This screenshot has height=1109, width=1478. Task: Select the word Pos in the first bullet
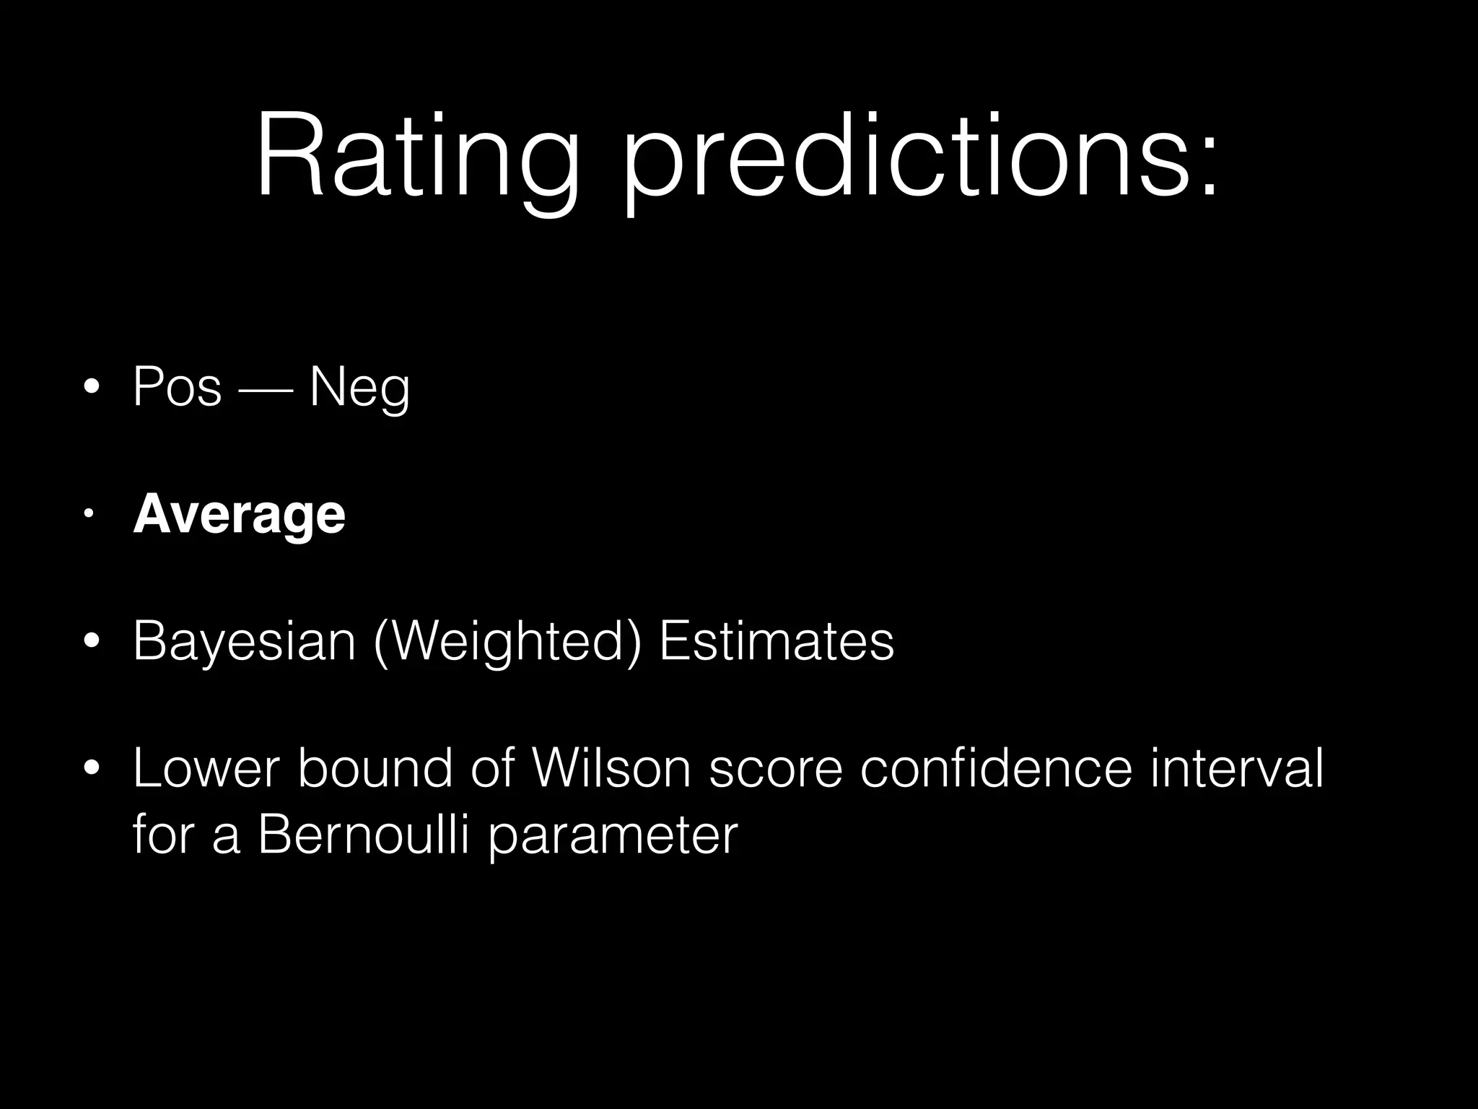[x=178, y=388]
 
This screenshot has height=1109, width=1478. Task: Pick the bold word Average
[x=239, y=516]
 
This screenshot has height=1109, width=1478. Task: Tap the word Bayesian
[x=245, y=642]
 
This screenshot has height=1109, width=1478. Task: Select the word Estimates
[x=777, y=640]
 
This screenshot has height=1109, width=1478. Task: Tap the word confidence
[x=997, y=768]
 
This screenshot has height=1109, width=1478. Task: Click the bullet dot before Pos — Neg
[x=91, y=388]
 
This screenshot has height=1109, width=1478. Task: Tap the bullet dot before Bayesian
[x=91, y=641]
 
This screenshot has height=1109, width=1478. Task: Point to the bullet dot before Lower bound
[x=91, y=769]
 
